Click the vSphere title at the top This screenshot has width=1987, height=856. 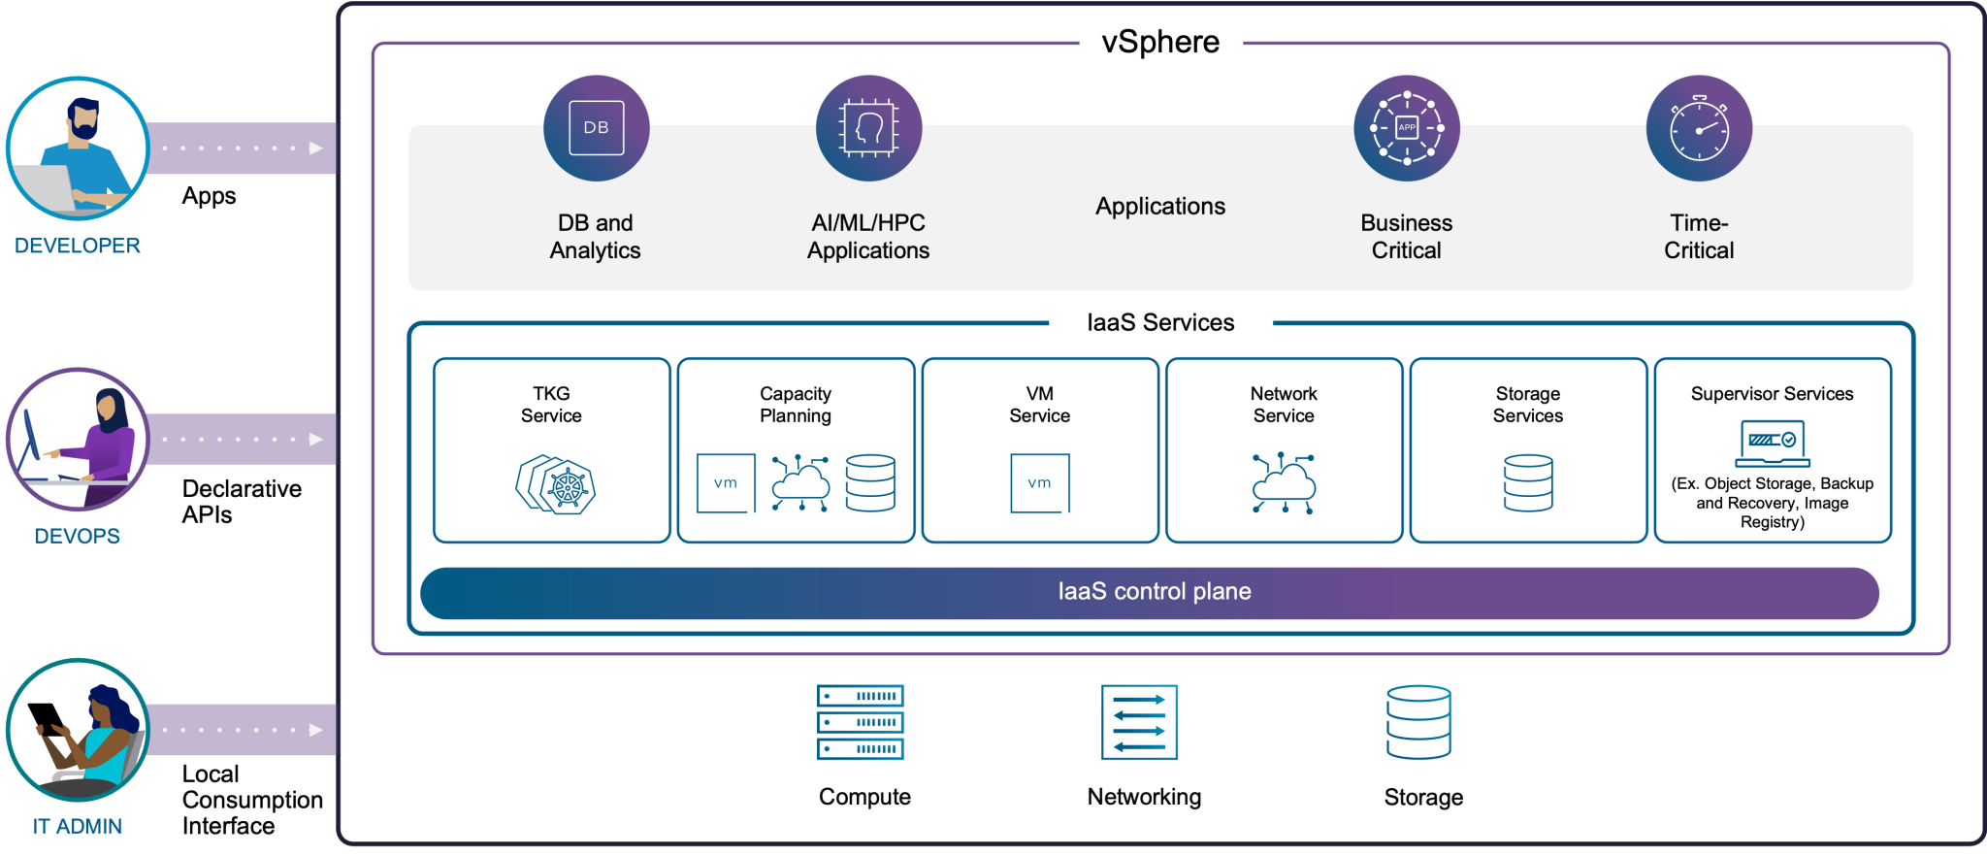(x=1160, y=42)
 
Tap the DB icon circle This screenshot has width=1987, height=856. (x=596, y=128)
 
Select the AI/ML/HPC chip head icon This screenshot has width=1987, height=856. (x=868, y=128)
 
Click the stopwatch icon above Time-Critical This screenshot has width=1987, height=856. (x=1699, y=128)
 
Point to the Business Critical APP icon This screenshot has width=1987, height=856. (x=1406, y=128)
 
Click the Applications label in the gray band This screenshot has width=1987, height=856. (x=1159, y=207)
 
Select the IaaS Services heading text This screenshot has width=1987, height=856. (x=1160, y=322)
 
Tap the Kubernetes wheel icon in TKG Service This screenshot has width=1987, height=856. (x=567, y=487)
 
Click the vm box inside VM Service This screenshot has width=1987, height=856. (x=1039, y=482)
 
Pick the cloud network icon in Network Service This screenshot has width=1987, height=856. (x=1284, y=482)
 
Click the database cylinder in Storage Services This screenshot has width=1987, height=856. (x=1528, y=482)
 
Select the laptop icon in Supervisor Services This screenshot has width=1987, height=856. (x=1772, y=444)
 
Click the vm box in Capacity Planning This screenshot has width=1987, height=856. (x=726, y=482)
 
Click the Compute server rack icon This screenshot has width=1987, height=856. (x=860, y=722)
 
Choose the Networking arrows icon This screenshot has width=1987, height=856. (x=1139, y=722)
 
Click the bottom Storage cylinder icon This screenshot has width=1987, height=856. (x=1418, y=722)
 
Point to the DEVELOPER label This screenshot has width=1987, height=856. (x=78, y=246)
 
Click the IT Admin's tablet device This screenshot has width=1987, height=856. (x=47, y=719)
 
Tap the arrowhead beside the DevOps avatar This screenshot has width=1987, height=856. (x=315, y=440)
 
